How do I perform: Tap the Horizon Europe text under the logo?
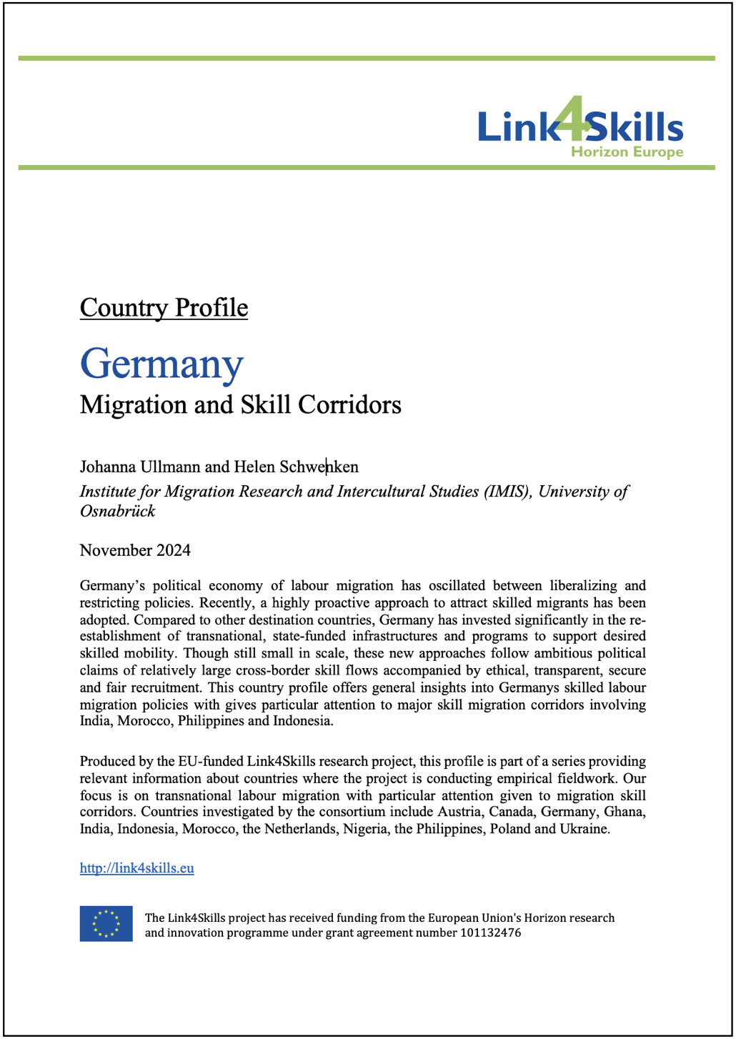pyautogui.click(x=627, y=151)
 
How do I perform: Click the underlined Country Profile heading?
pyautogui.click(x=164, y=307)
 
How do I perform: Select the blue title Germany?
pyautogui.click(x=161, y=364)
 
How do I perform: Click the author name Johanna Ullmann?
pyautogui.click(x=140, y=467)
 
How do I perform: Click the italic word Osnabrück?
pyautogui.click(x=117, y=511)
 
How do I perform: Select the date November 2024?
pyautogui.click(x=135, y=550)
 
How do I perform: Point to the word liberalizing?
pyautogui.click(x=559, y=586)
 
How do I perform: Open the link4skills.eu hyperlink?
pyautogui.click(x=136, y=868)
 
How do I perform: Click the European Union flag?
pyautogui.click(x=106, y=923)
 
